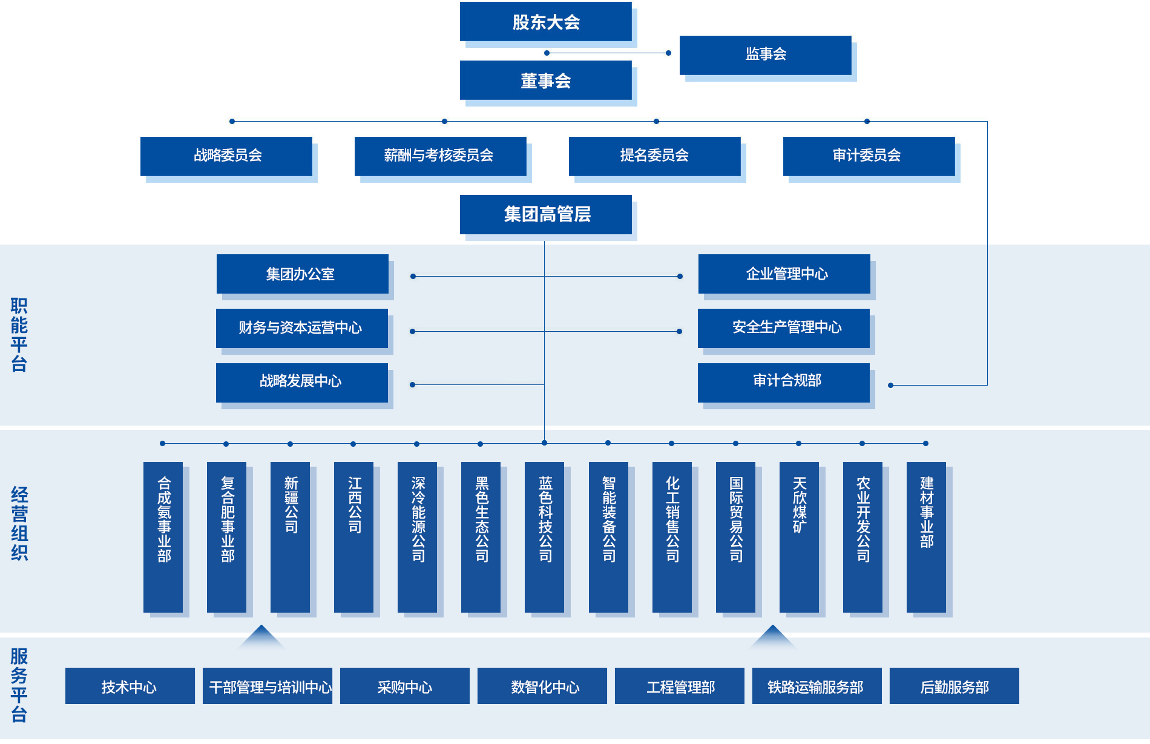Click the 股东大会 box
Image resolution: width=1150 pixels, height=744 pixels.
click(x=545, y=22)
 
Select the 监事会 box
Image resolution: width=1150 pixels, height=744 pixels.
click(x=765, y=54)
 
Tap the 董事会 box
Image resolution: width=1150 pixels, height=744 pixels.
click(x=545, y=81)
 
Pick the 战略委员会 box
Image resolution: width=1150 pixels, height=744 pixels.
click(x=226, y=156)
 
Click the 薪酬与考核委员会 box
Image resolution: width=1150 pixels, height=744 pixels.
click(x=440, y=156)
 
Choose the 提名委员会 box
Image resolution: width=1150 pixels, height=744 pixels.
click(x=654, y=156)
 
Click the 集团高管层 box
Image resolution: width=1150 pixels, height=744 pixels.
click(x=545, y=214)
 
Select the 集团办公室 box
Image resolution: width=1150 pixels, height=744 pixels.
click(x=302, y=274)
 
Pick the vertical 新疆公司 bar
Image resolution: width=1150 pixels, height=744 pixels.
click(x=290, y=536)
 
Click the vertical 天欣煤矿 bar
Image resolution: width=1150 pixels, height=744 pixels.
click(x=799, y=536)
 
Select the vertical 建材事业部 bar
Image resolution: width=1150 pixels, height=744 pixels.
click(x=926, y=536)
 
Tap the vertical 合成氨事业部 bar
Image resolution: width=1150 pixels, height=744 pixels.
click(x=163, y=536)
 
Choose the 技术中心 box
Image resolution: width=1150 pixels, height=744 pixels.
click(x=130, y=686)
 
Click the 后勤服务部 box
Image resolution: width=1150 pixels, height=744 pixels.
click(x=954, y=686)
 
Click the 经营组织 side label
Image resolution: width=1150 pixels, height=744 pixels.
click(x=19, y=523)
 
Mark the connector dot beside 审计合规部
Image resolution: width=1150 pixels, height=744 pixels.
click(x=890, y=385)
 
